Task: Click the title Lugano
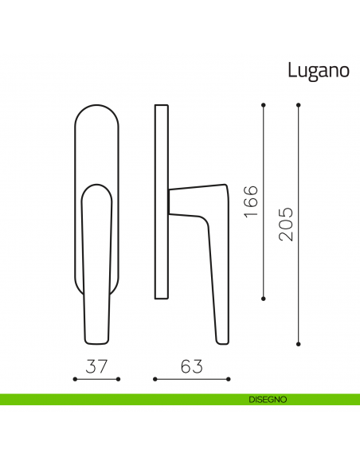[318, 71]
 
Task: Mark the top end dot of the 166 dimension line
[263, 104]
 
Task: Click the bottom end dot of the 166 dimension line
[263, 299]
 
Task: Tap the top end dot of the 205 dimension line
[298, 104]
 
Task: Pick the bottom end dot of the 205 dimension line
[298, 345]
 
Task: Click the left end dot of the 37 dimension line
[75, 380]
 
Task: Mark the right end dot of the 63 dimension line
[229, 380]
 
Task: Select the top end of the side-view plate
[162, 106]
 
